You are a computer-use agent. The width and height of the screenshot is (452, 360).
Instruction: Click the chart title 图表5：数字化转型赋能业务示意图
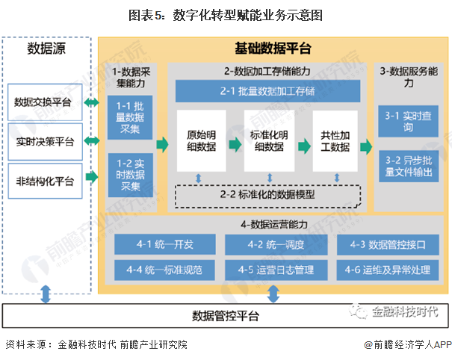click(x=226, y=15)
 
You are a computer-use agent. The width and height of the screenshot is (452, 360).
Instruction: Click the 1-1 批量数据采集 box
click(x=130, y=118)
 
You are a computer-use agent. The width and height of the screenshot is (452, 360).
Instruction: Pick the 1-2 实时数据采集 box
click(x=130, y=173)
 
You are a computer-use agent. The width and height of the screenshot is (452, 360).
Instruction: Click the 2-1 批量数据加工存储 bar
click(x=267, y=92)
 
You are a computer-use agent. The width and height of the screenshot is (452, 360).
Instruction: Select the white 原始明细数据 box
click(x=201, y=140)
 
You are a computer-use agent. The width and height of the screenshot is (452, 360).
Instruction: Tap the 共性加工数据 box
click(x=335, y=140)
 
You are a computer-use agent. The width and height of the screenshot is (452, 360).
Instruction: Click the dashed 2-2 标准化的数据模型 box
click(x=267, y=195)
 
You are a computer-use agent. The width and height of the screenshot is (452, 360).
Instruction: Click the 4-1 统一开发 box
click(x=164, y=243)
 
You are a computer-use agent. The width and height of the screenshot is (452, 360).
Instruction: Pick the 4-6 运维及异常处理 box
click(x=388, y=268)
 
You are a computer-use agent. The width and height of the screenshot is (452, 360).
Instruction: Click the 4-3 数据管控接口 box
click(x=388, y=243)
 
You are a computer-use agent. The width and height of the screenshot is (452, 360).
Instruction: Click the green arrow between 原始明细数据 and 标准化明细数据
click(x=233, y=147)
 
